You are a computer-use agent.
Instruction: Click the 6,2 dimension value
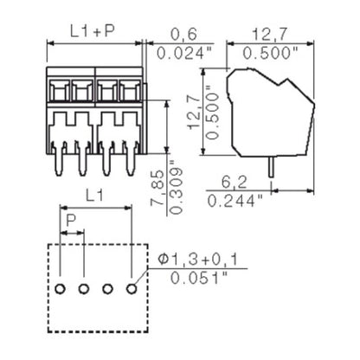pyautogui.click(x=230, y=183)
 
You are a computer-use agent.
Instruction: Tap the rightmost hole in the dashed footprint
pyautogui.click(x=132, y=287)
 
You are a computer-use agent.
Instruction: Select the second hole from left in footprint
pyautogui.click(x=84, y=287)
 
